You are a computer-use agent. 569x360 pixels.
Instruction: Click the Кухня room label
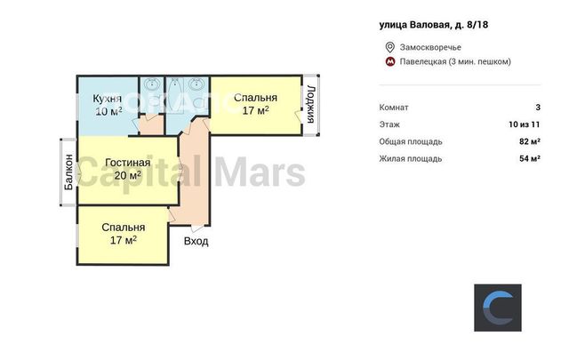point(107,99)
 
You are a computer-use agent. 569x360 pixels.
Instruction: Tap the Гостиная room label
point(128,163)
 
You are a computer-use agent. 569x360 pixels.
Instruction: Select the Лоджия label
point(310,105)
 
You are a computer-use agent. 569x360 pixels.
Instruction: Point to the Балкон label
point(68,172)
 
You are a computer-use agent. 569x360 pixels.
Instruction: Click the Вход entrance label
point(196,241)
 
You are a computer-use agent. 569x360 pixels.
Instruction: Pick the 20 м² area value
point(128,176)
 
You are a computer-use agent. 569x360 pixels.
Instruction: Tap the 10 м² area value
point(108,111)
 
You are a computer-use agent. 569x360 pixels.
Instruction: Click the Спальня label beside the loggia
point(255,98)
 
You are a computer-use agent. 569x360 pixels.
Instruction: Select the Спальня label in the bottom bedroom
point(124,228)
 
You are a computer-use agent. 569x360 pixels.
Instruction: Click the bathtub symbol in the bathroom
point(174,93)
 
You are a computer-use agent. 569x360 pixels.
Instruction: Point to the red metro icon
point(390,61)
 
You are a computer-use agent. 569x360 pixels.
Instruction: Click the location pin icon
point(389,47)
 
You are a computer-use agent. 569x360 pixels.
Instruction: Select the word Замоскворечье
point(430,47)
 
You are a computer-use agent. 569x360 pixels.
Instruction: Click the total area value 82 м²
point(530,141)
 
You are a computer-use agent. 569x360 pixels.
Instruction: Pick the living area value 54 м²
point(530,158)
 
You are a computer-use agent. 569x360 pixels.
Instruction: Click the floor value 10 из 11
point(525,124)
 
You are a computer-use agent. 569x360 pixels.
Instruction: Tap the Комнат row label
point(394,108)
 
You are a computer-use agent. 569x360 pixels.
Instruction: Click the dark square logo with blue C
point(498,308)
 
